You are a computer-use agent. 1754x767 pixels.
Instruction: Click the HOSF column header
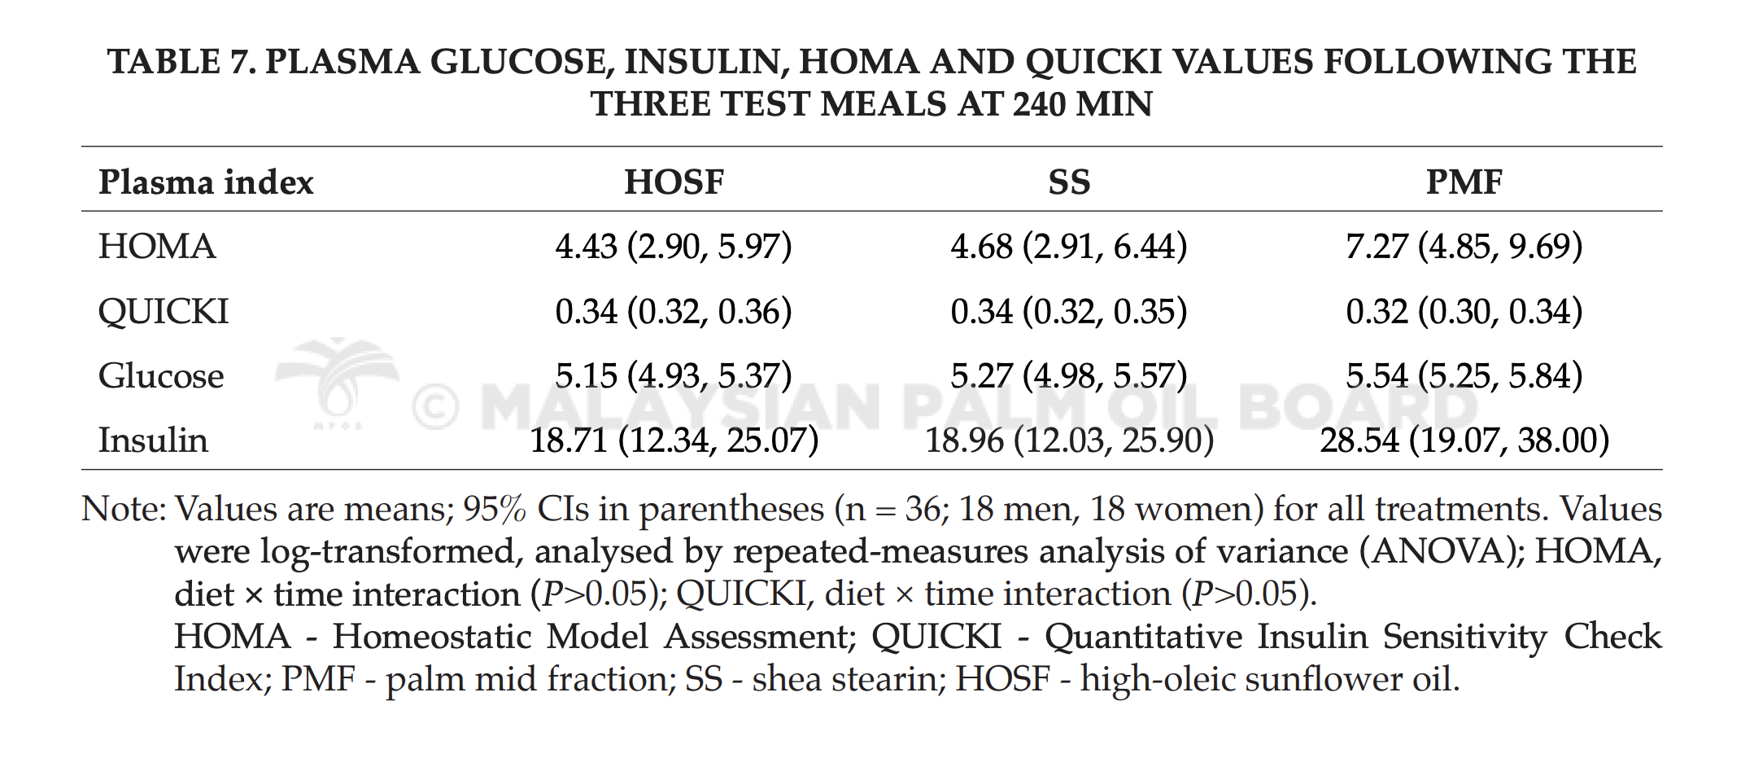point(674,182)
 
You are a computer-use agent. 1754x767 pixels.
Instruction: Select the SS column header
point(1069,182)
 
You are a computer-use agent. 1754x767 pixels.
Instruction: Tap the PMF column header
point(1464,182)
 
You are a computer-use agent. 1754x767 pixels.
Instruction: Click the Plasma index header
point(206,182)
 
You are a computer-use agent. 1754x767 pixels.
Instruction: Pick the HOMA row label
point(157,246)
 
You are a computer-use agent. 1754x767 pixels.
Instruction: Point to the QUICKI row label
point(164,312)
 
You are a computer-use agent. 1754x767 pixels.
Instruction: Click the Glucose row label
point(161,375)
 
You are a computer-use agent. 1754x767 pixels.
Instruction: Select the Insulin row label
point(153,440)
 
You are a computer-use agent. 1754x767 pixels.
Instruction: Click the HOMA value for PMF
point(1464,246)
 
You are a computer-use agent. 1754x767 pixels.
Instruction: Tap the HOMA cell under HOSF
point(674,246)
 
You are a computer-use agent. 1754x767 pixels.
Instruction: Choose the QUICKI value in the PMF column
point(1464,311)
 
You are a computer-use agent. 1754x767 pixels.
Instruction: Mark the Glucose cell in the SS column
point(1069,375)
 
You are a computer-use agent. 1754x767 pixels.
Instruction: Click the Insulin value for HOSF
point(674,440)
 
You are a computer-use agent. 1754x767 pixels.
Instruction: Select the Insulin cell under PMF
point(1464,440)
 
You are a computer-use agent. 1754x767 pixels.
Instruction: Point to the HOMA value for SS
point(1069,246)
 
